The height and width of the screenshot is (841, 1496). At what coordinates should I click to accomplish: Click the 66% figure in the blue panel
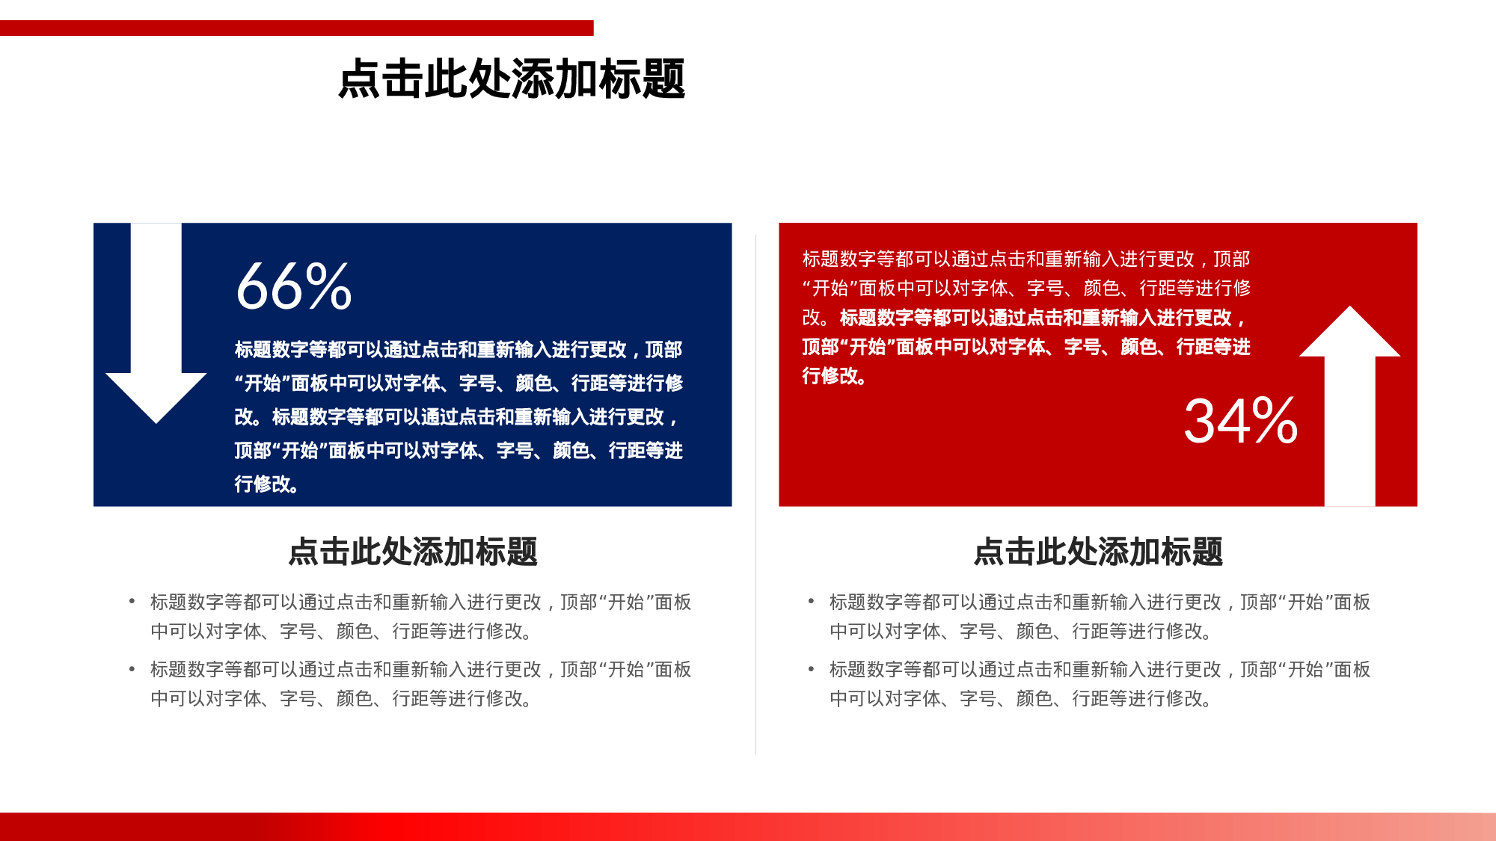tap(293, 286)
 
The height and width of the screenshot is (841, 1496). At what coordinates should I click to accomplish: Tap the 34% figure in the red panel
tap(1240, 421)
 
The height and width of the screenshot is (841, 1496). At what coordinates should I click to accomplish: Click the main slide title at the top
tap(512, 79)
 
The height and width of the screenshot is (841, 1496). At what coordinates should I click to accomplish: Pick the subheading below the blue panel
tap(413, 552)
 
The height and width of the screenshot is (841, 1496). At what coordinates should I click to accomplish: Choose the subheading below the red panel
tap(1098, 552)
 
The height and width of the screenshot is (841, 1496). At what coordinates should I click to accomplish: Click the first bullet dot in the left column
tap(132, 601)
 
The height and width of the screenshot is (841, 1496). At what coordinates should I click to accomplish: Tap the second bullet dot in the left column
tap(132, 668)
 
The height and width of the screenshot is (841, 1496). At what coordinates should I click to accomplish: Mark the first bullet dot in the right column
tap(811, 601)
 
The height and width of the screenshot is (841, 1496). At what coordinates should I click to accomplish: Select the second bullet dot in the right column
tap(811, 668)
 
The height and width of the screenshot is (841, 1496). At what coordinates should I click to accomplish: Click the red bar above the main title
tap(296, 28)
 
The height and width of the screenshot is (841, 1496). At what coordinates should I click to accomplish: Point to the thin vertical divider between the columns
tap(755, 493)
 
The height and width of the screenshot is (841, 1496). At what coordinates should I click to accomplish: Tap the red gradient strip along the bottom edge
tap(748, 827)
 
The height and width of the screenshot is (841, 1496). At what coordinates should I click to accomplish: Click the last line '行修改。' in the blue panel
tap(267, 484)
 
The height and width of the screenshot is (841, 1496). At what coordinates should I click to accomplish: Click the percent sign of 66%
tap(328, 286)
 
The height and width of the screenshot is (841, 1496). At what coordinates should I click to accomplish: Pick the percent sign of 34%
tap(1275, 421)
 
